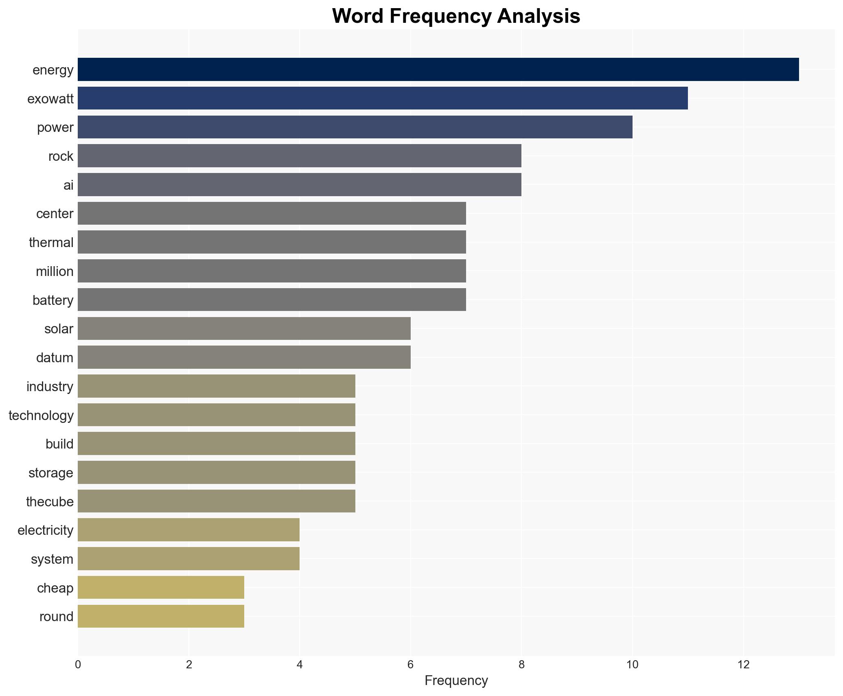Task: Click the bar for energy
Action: (x=438, y=70)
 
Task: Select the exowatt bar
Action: (x=383, y=98)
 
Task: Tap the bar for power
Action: (x=355, y=127)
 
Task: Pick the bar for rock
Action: (x=299, y=156)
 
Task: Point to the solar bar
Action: (x=244, y=328)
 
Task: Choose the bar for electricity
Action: (x=188, y=530)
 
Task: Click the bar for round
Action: (x=161, y=616)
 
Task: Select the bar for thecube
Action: (x=216, y=501)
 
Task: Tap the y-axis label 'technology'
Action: (x=41, y=415)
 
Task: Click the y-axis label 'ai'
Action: (x=68, y=185)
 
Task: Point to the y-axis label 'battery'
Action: (x=53, y=300)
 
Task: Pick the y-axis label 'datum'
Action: (x=55, y=358)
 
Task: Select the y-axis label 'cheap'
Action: (x=55, y=588)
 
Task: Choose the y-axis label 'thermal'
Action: (x=51, y=243)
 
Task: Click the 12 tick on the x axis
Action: (x=743, y=665)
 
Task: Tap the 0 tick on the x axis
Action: (x=78, y=665)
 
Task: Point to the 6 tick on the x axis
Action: (x=410, y=665)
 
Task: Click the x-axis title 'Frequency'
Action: (x=456, y=681)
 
